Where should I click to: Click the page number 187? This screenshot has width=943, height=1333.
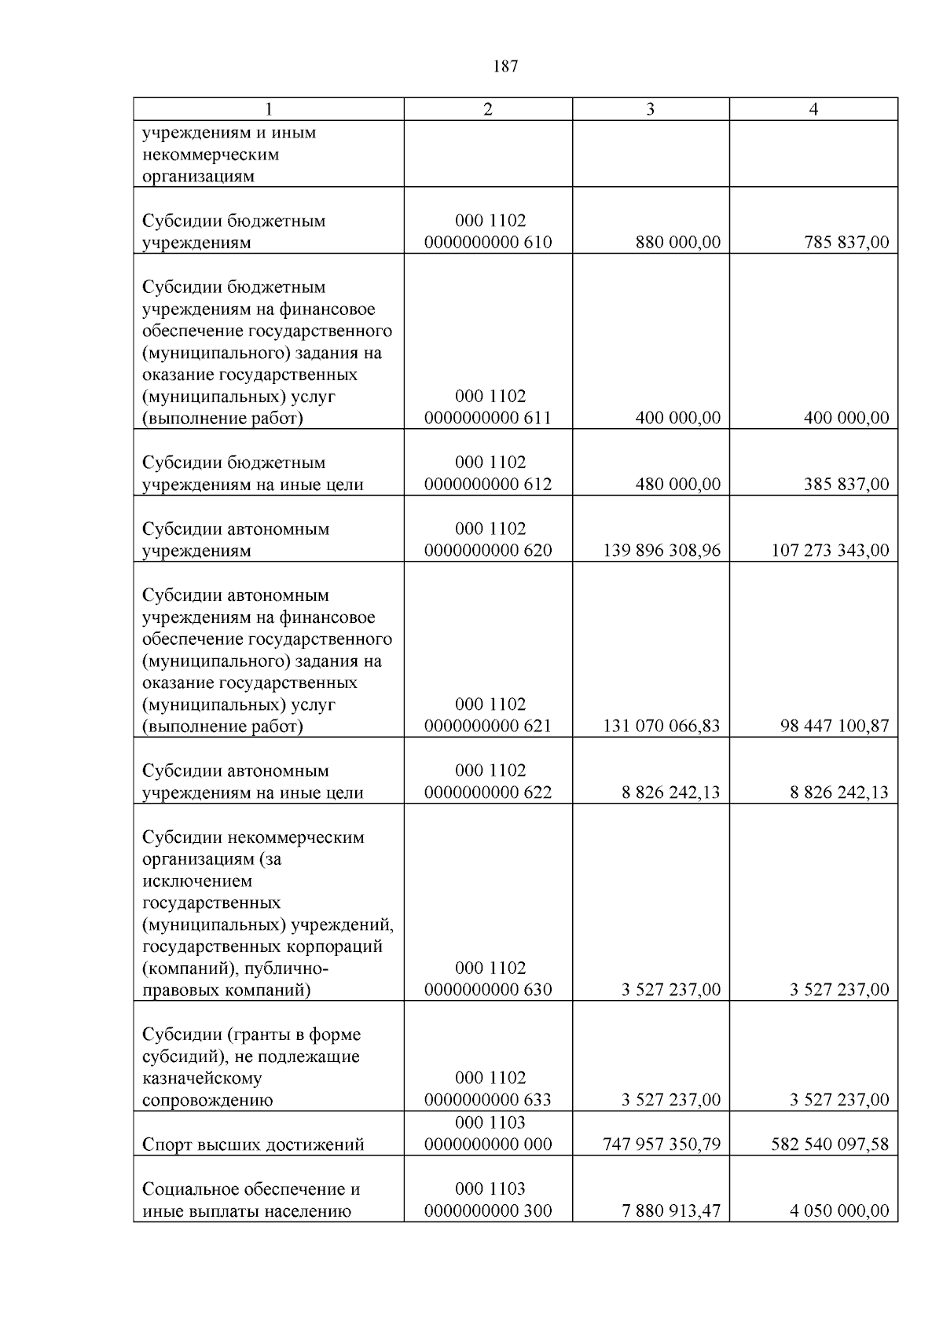coord(505,66)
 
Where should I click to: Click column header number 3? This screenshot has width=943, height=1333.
coord(650,109)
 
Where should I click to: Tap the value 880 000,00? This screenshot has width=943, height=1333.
coord(677,242)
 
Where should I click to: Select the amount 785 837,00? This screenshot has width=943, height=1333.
coord(846,242)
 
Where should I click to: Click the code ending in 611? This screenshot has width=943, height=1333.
coord(488,418)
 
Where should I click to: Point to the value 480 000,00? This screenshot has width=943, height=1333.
coord(677,484)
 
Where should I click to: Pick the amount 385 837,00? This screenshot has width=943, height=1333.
coord(846,484)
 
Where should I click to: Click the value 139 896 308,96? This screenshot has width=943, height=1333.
coord(661,550)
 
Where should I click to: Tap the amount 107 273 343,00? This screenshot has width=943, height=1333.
coord(830,550)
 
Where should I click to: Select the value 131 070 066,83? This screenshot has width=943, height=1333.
coord(661,726)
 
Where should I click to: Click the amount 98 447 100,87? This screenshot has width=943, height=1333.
coord(835,726)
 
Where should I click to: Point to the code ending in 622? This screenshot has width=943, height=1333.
coord(488,792)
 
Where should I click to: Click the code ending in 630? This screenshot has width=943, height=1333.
coord(488,990)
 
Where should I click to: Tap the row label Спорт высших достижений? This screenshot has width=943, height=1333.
coord(253,1144)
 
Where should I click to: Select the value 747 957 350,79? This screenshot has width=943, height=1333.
coord(661,1144)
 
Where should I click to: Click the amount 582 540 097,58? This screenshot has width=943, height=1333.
coord(830,1144)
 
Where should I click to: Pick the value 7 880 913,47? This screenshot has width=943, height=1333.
coord(670,1210)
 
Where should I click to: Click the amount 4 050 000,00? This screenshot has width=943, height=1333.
coord(839,1210)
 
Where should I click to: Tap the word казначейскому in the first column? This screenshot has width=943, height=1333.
coord(202,1078)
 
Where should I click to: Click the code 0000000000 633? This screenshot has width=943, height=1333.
coord(488,1100)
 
